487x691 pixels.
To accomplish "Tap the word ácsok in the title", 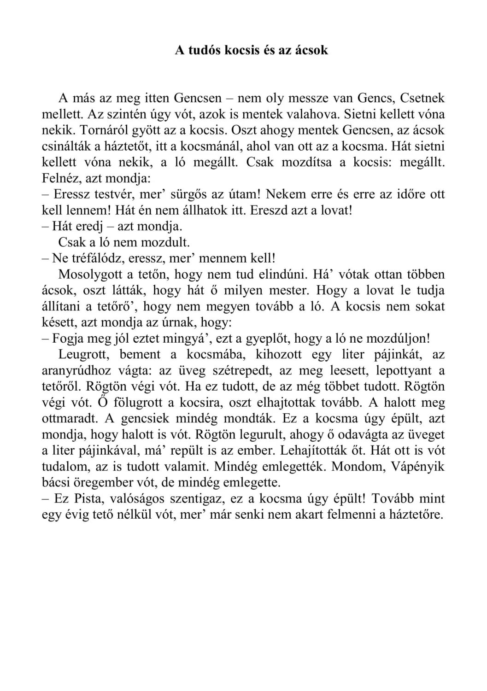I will tap(311, 50).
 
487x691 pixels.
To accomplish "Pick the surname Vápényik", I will tap(418, 467).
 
